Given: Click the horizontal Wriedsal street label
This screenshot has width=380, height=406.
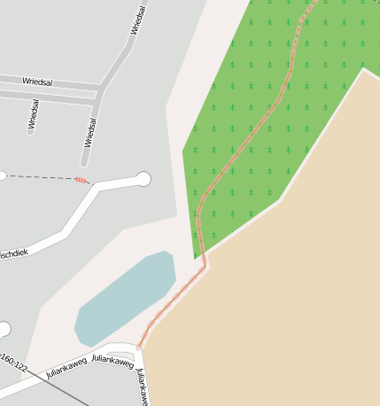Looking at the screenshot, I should tap(37, 82).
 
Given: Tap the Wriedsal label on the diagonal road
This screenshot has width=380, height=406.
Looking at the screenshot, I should tap(138, 20).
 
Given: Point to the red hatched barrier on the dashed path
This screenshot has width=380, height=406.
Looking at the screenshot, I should tap(81, 180).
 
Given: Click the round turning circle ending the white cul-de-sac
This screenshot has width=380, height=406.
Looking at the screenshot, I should tap(143, 179).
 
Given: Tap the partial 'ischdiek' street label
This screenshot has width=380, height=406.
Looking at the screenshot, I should tap(14, 254).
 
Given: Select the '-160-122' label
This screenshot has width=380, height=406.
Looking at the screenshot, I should tap(14, 363).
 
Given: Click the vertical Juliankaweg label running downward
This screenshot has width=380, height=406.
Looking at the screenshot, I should tap(141, 386).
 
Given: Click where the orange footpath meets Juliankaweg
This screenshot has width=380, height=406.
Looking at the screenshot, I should tap(139, 347).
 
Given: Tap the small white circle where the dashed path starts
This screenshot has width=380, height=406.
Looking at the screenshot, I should tap(2, 176).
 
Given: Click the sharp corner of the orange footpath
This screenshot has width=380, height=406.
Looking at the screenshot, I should tap(205, 264).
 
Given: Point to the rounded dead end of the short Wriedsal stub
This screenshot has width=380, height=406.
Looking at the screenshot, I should tap(85, 162).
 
